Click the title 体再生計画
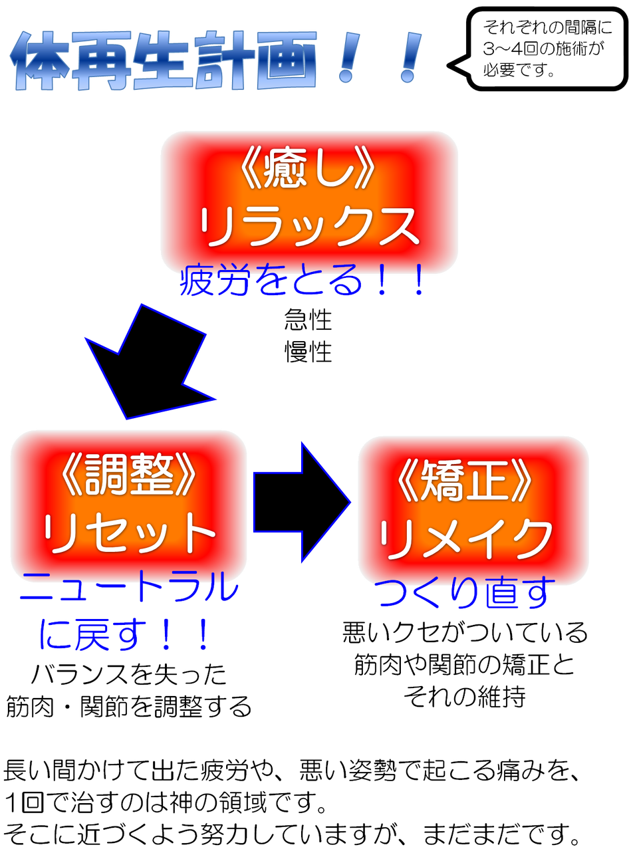click(x=164, y=61)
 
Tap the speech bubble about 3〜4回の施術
click(x=537, y=49)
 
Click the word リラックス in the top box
click(x=309, y=227)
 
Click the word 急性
click(x=308, y=319)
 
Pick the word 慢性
click(x=308, y=352)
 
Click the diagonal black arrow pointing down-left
click(x=150, y=362)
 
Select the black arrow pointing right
click(x=302, y=502)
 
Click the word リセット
click(x=129, y=533)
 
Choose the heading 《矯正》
click(x=465, y=482)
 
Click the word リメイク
click(x=465, y=540)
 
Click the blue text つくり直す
click(x=465, y=593)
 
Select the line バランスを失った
click(x=129, y=675)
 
